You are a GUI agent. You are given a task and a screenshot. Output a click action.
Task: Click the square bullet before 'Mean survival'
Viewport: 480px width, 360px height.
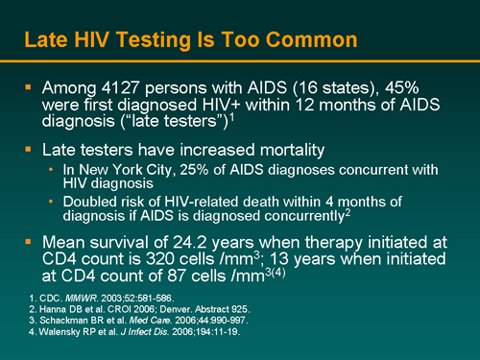tap(31, 242)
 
